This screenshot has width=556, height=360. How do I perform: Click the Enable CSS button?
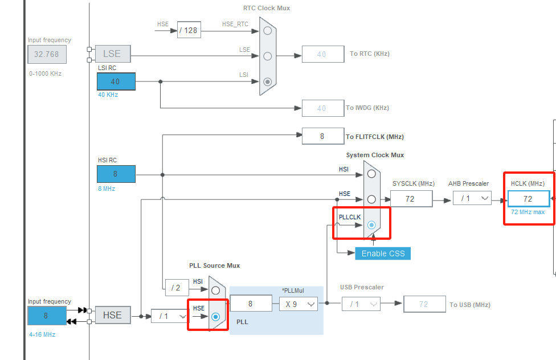pyautogui.click(x=383, y=253)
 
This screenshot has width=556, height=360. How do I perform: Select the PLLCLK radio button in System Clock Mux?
pyautogui.click(x=371, y=225)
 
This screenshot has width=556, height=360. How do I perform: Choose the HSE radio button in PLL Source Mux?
pyautogui.click(x=215, y=317)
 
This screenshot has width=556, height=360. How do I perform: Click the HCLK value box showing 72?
pyautogui.click(x=528, y=198)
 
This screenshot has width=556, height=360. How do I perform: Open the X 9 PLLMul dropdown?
pyautogui.click(x=299, y=304)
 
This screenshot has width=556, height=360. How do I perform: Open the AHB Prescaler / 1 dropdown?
pyautogui.click(x=472, y=198)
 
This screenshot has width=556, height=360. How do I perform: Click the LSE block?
pyautogui.click(x=112, y=54)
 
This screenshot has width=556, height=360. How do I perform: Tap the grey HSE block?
pyautogui.click(x=112, y=315)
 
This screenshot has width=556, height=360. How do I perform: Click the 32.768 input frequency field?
pyautogui.click(x=47, y=54)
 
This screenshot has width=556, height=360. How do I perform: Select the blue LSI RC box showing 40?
pyautogui.click(x=116, y=81)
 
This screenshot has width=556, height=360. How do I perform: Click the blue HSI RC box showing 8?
pyautogui.click(x=116, y=174)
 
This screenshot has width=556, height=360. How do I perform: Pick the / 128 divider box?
pyautogui.click(x=189, y=30)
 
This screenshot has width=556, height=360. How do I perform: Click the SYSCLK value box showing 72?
pyautogui.click(x=410, y=198)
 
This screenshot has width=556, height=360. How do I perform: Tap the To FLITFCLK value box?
pyautogui.click(x=322, y=136)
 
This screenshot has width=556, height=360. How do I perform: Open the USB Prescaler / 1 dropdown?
pyautogui.click(x=361, y=304)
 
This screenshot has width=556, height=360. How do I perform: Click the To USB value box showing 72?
pyautogui.click(x=424, y=304)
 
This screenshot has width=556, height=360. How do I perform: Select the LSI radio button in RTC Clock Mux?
pyautogui.click(x=267, y=81)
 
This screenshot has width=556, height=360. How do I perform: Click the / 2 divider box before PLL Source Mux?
pyautogui.click(x=177, y=288)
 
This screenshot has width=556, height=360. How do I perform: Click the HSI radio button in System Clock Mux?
pyautogui.click(x=371, y=173)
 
